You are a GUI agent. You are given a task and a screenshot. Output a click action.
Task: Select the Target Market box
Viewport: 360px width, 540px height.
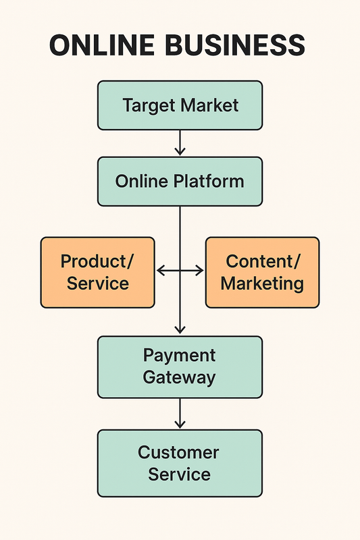pos(180,105)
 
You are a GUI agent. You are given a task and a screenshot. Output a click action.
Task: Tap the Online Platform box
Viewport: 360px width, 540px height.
pos(180,182)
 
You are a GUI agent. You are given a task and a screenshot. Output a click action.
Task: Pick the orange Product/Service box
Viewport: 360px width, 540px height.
pos(97,272)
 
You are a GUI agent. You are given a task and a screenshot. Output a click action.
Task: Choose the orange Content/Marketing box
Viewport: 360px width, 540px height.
pos(262,272)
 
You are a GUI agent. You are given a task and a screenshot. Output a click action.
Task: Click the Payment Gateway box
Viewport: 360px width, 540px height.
pos(180,367)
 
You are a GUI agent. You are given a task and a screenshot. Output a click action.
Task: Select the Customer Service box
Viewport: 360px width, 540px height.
pos(180,463)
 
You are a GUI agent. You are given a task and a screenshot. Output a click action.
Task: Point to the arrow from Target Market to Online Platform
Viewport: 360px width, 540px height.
pos(180,143)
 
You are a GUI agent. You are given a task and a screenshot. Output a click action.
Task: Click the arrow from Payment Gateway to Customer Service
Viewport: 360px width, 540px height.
pos(180,413)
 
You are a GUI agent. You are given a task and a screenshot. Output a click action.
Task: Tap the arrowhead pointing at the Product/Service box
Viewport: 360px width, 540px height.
pos(161,271)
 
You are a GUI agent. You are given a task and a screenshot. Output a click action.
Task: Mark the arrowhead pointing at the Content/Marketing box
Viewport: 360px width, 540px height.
pos(199,271)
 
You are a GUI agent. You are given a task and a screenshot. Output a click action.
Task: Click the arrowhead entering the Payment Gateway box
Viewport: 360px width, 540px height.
pos(180,330)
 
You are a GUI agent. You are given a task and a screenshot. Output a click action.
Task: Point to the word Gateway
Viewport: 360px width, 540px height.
pos(180,377)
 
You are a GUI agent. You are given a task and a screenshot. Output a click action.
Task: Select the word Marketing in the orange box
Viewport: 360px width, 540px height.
pos(262,283)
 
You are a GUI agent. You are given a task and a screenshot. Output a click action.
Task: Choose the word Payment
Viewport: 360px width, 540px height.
pos(180,356)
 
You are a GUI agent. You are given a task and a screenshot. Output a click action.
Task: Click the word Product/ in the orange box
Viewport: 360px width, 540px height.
pos(97,261)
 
